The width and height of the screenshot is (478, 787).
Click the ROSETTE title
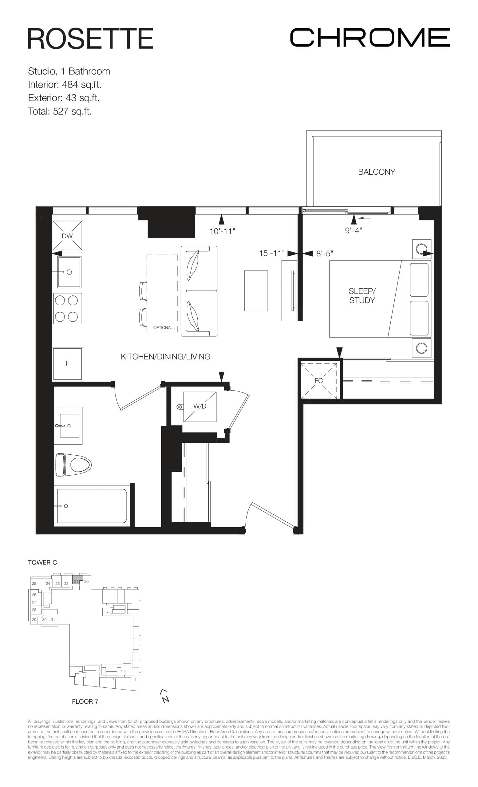coord(90,38)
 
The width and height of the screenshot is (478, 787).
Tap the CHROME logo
coord(369,38)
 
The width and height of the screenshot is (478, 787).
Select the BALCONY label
coord(376,172)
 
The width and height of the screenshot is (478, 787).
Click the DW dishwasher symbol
coord(67,236)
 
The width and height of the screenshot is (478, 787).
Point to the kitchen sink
coord(69,272)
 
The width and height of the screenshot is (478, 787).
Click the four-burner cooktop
coord(67,309)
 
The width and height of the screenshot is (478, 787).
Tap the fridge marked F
coord(67,363)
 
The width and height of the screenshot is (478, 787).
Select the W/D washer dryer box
coord(200,406)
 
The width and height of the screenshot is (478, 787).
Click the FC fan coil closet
coord(319,381)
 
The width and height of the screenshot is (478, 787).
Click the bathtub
coord(92,506)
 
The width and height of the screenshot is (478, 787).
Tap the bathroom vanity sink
coord(69,425)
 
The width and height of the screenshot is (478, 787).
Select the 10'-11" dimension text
coord(222,231)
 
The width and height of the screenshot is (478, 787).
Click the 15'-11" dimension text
coord(271,253)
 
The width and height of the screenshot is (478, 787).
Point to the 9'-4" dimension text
coord(353,230)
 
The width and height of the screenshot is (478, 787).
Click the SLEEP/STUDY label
coord(362,295)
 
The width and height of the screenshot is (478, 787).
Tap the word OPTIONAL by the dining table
coord(163,327)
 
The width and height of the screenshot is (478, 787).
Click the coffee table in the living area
coord(256,291)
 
